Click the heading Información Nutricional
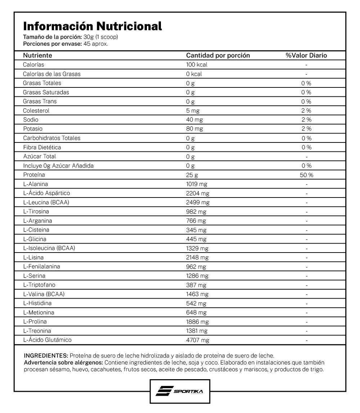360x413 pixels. click(x=93, y=26)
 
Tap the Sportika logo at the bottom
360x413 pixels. click(x=180, y=391)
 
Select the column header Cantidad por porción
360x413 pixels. click(x=218, y=55)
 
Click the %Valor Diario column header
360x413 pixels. click(x=306, y=55)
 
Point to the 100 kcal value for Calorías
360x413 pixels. click(x=197, y=65)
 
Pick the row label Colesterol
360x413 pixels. click(x=36, y=110)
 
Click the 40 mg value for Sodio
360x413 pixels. click(x=194, y=120)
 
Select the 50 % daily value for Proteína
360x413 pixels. click(x=306, y=175)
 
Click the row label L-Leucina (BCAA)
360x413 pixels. click(x=46, y=202)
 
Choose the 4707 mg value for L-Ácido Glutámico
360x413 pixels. click(x=197, y=340)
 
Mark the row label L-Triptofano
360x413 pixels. click(x=39, y=285)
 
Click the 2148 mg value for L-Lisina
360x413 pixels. click(x=197, y=257)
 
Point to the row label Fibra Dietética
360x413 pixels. click(x=42, y=147)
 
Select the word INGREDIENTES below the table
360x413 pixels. click(x=46, y=355)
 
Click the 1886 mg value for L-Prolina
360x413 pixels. click(x=197, y=322)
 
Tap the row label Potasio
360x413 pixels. click(x=33, y=129)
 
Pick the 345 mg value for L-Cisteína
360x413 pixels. click(x=196, y=230)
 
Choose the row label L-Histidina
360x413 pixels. click(x=37, y=303)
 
